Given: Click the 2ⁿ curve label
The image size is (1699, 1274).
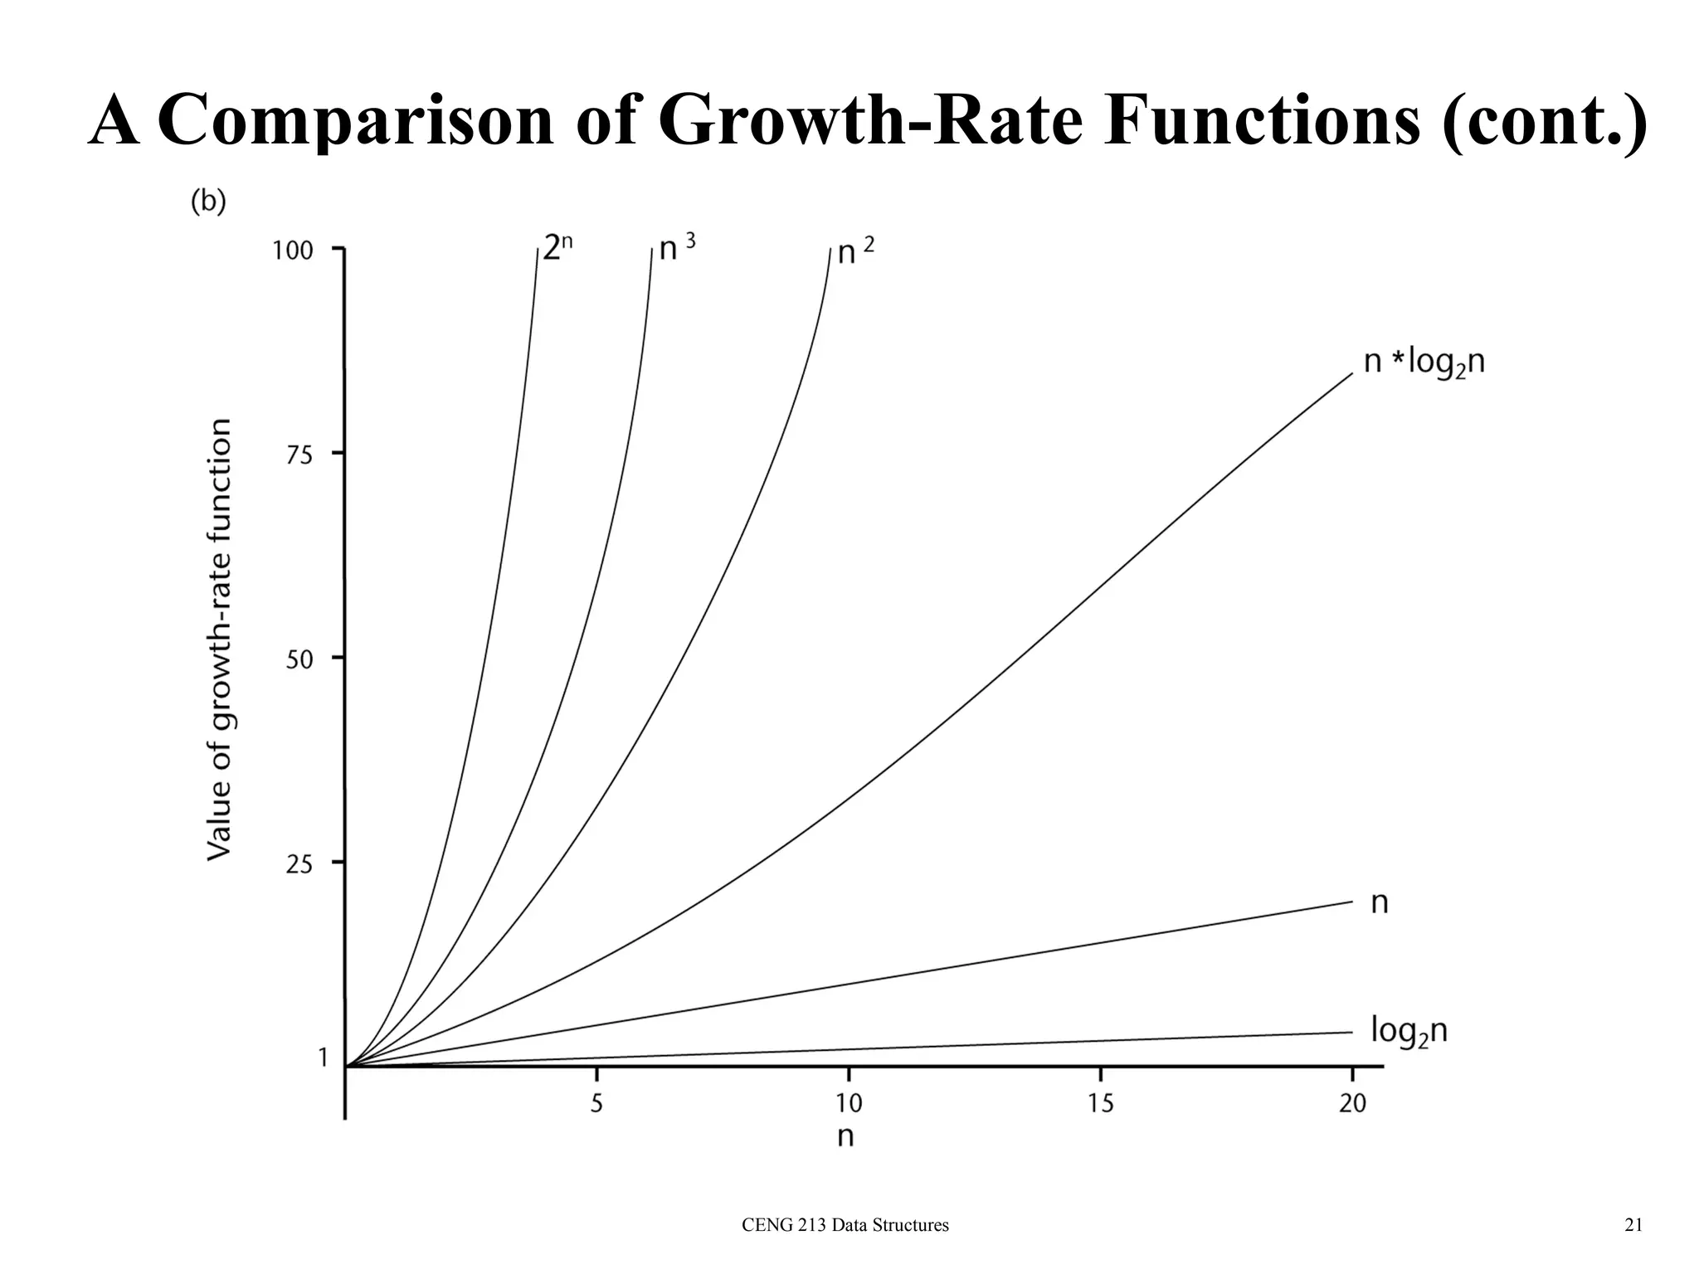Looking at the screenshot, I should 557,247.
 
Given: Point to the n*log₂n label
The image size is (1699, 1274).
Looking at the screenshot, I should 1424,363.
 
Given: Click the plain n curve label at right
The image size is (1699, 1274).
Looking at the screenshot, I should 1380,902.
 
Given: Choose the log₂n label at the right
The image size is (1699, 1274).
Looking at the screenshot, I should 1409,1032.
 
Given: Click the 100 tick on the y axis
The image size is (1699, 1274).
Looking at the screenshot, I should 293,250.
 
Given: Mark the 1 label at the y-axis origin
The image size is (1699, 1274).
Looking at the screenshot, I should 323,1057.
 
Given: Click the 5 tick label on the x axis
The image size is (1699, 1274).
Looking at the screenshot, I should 596,1104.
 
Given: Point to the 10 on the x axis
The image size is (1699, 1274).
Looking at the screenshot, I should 848,1104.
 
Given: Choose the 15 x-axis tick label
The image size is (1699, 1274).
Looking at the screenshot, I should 1100,1104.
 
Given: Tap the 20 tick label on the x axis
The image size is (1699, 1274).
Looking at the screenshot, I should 1352,1104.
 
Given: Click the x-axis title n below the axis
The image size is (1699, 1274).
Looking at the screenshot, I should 845,1136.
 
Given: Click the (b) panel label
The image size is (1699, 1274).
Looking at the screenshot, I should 208,202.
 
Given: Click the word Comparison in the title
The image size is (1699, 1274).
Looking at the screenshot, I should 355,121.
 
